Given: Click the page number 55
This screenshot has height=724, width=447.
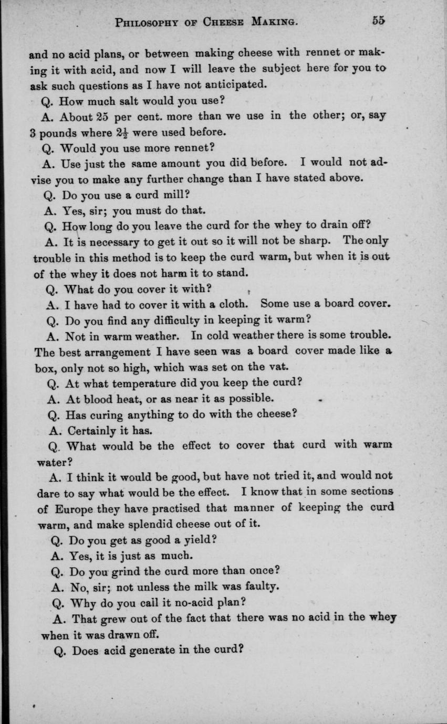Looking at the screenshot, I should pyautogui.click(x=378, y=20).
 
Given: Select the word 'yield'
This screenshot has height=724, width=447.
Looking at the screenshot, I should pyautogui.click(x=199, y=539).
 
